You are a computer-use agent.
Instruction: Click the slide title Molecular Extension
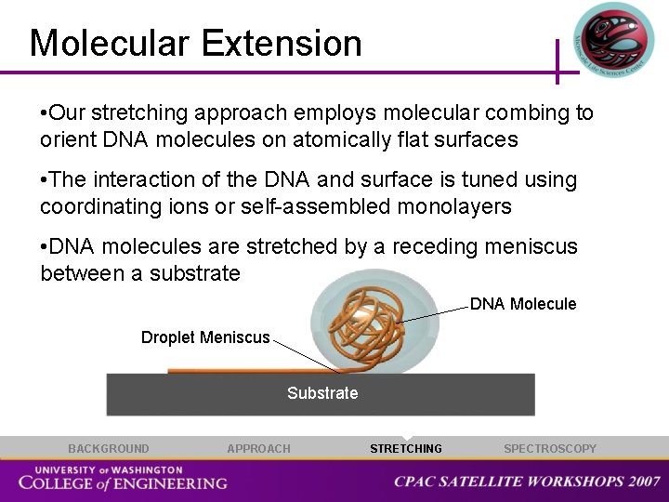195,44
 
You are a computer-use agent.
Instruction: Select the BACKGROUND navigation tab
108,449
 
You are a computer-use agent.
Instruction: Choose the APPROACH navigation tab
258,449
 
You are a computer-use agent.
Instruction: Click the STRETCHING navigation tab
406,449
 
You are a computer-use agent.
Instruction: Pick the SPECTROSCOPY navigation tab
550,449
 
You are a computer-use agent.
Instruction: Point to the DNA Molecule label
523,304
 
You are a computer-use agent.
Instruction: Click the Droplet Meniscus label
205,337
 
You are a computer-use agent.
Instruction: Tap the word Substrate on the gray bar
322,393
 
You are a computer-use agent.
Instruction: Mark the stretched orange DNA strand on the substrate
242,371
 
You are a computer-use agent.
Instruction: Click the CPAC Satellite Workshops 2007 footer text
527,482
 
